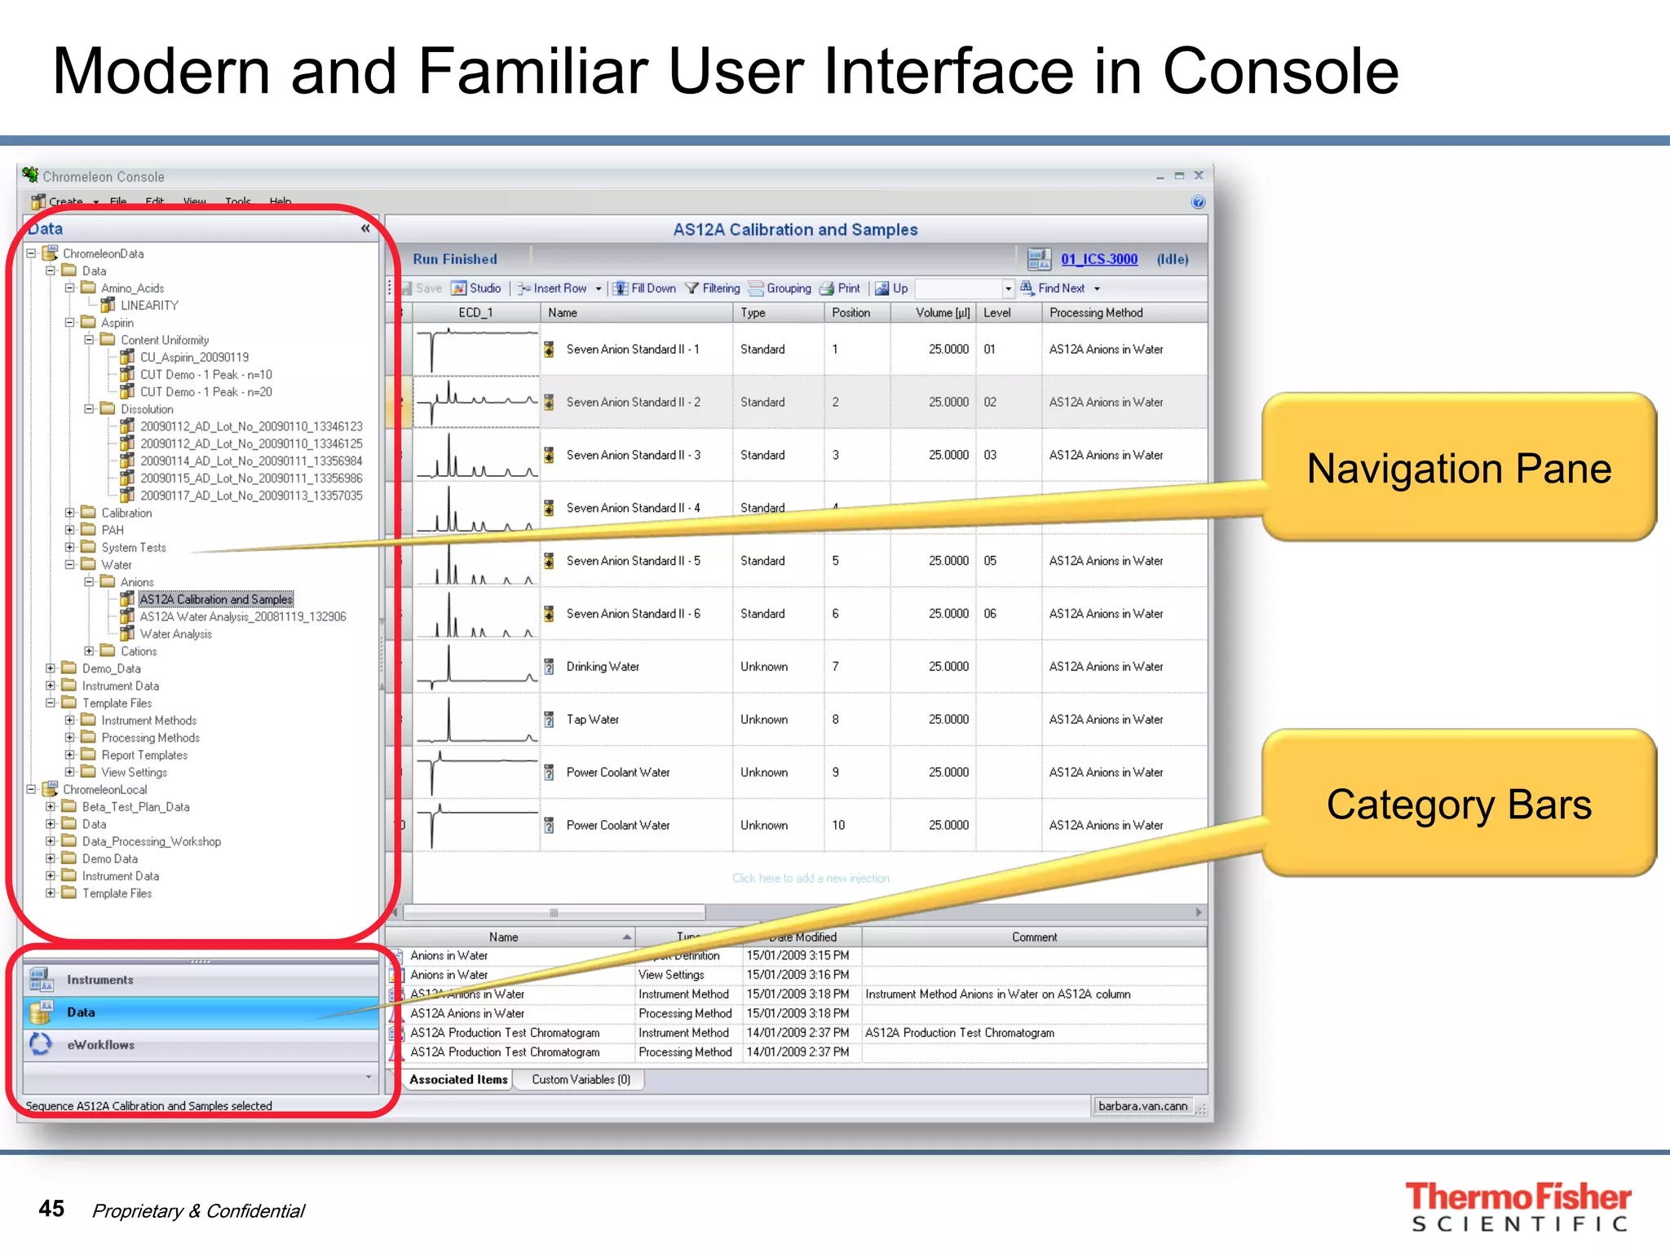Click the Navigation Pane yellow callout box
click(1458, 469)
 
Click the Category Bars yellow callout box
click(1458, 805)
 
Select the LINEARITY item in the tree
click(149, 306)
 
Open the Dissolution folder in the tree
click(147, 409)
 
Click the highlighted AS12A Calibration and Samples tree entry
click(215, 599)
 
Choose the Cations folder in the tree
click(139, 651)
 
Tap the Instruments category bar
click(99, 980)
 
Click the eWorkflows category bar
click(100, 1045)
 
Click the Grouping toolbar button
click(780, 289)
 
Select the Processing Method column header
click(1096, 313)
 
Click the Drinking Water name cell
click(603, 667)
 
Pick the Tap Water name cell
click(593, 720)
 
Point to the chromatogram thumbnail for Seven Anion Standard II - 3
click(476, 455)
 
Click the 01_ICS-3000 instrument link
click(1098, 259)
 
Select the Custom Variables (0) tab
click(581, 1079)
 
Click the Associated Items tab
click(458, 1079)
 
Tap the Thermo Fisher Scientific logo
click(1518, 1206)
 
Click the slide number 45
click(51, 1209)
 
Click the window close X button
click(1199, 175)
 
